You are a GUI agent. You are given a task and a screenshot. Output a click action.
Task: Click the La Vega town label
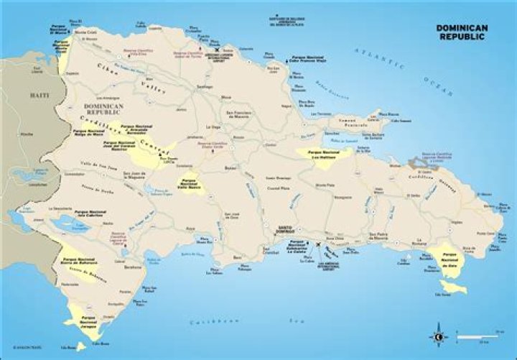[214, 126]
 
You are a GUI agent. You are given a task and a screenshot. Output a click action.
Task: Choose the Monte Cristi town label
[85, 32]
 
